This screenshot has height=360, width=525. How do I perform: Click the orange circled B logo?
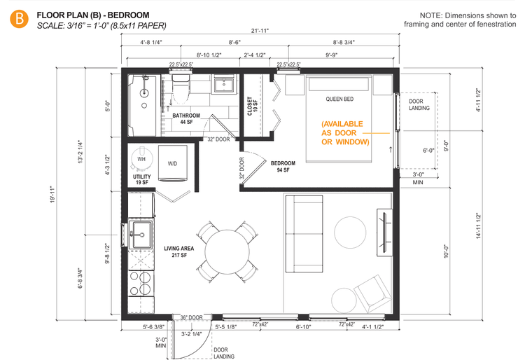[x=19, y=19]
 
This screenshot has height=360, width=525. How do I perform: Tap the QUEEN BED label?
[x=339, y=99]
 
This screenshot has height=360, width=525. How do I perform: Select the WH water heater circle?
[x=141, y=159]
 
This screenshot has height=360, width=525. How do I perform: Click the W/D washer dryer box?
[x=172, y=163]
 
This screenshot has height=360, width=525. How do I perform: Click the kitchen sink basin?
[x=141, y=235]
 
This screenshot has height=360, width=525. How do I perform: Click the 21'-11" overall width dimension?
[x=260, y=31]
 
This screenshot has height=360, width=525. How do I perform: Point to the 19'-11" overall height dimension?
[x=52, y=195]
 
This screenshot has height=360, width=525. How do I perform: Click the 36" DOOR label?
[x=192, y=317]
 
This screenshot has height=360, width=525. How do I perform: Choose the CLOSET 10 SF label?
[x=252, y=106]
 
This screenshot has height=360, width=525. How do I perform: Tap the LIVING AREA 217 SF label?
[x=179, y=251]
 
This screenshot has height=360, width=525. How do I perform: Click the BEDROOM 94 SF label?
[x=283, y=167]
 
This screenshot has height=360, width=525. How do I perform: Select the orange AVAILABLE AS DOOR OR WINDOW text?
[x=345, y=133]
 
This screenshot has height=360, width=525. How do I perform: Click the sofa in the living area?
[x=304, y=234]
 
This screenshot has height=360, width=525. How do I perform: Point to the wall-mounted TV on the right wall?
[x=385, y=232]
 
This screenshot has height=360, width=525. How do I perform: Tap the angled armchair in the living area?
[x=373, y=294]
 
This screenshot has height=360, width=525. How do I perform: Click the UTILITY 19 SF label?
[x=142, y=179]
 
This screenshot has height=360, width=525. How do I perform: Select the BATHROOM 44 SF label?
[x=186, y=118]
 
